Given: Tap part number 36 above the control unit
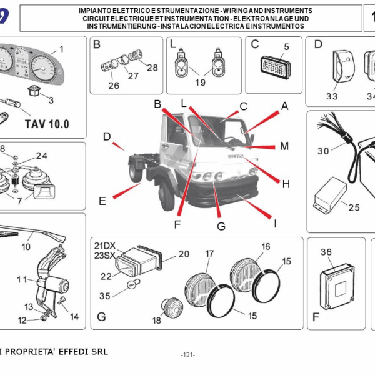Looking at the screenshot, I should (x=326, y=252).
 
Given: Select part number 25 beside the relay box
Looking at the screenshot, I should (x=354, y=207).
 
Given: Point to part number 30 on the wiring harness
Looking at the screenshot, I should (x=322, y=151).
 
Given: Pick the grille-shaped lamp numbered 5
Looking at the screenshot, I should (x=275, y=65).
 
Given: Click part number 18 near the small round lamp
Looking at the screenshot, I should (x=156, y=321).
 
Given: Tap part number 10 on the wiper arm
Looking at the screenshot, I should (x=26, y=229).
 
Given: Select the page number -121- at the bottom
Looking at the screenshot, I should (x=187, y=354).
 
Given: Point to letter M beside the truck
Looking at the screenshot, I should (x=284, y=146).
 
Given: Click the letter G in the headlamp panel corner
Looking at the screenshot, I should (x=101, y=317).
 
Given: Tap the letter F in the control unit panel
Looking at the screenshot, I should (x=316, y=317).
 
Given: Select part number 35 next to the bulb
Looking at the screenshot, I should (x=104, y=296).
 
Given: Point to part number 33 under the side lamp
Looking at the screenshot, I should (x=331, y=96).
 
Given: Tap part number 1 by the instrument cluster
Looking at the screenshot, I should (x=61, y=49).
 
